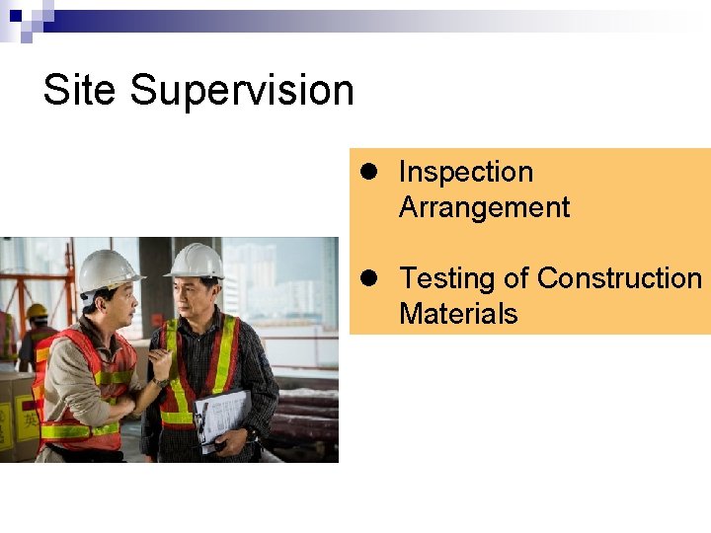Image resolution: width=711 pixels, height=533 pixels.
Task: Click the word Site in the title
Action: coord(81,90)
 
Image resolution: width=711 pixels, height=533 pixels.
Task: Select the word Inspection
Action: coord(465,172)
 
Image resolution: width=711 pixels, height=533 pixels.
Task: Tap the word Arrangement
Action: coord(484,207)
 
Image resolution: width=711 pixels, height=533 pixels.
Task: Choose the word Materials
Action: coord(458,314)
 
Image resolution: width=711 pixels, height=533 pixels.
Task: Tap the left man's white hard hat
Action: coord(107,268)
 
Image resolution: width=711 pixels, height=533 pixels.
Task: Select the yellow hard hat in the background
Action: coord(37,311)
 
